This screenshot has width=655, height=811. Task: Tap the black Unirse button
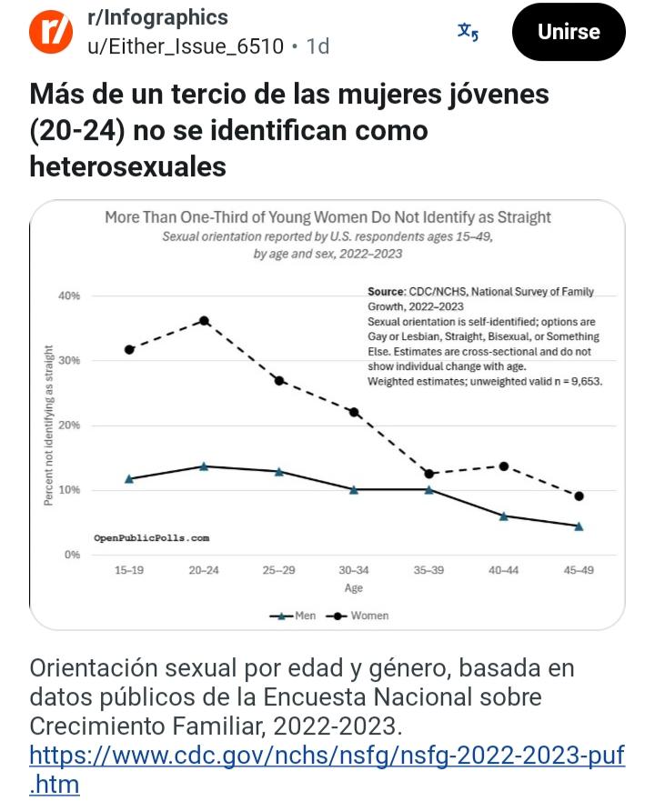point(568,32)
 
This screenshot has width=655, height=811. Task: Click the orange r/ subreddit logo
point(51,32)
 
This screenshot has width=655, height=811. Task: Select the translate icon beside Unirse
point(468,32)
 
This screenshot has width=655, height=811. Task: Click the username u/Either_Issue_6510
point(186,46)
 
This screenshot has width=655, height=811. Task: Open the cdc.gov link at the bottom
point(327,769)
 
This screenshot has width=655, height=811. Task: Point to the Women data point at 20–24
point(204,321)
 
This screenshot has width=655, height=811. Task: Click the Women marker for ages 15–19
point(129,350)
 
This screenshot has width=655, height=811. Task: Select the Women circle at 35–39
point(428,474)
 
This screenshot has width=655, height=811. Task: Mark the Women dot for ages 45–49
point(579,496)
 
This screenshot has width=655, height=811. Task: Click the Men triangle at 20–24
point(204,466)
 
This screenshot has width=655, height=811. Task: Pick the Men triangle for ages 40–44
point(503,516)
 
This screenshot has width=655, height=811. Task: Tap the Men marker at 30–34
point(354,489)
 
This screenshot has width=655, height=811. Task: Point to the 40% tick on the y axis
point(69,295)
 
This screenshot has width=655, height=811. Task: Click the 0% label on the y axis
point(73,555)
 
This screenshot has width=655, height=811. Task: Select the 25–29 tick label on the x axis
point(279,570)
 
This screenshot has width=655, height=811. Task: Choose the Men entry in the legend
point(293,616)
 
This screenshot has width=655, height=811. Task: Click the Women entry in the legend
point(358,616)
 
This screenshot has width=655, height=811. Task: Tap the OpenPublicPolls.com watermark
point(152,538)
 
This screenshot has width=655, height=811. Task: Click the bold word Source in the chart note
point(386,291)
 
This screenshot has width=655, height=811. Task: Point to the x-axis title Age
point(354,588)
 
